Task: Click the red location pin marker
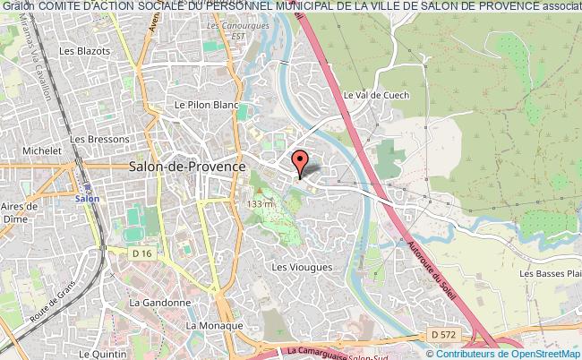[x=300, y=161]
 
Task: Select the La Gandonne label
[x=160, y=303]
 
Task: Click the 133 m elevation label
[x=261, y=204]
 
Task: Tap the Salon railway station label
[x=86, y=199]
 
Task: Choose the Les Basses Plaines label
[x=550, y=273]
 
